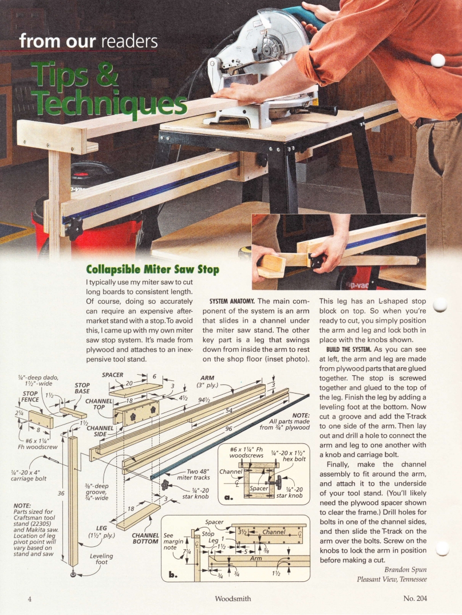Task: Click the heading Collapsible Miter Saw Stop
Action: click(152, 269)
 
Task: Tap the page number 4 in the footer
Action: click(29, 599)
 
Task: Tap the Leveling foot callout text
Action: click(101, 559)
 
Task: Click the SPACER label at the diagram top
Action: click(113, 375)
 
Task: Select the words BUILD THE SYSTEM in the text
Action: click(349, 348)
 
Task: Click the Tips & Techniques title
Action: click(109, 89)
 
